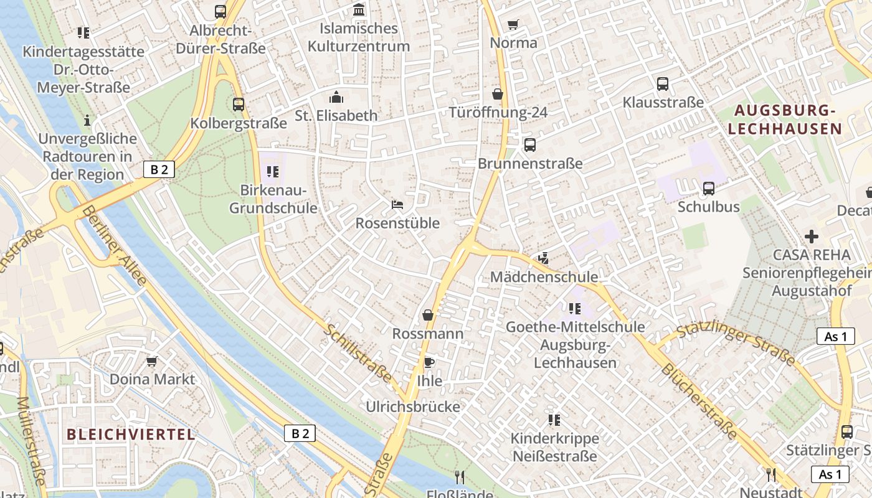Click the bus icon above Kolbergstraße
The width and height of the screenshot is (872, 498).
coord(239,105)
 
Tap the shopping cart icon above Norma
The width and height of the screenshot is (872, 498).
coord(513,25)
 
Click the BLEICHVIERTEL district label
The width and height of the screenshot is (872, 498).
coord(131,435)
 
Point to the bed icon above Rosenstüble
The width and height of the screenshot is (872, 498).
coord(397,204)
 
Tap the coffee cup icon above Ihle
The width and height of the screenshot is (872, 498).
coord(429,362)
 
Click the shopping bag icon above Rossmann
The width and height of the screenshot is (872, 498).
coord(428,315)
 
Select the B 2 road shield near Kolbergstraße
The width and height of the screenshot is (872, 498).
coord(159,169)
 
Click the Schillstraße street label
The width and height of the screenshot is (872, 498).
coord(357,352)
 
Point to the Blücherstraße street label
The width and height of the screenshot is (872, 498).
coord(699,402)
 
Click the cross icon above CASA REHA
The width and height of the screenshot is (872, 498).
coord(811,237)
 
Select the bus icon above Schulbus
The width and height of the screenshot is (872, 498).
coord(709,188)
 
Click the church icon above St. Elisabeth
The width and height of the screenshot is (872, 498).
coord(336,97)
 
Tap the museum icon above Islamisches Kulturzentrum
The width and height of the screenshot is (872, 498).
coord(359,9)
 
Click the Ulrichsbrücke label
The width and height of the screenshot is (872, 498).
coord(413,407)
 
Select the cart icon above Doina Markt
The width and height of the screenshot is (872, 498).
coord(152,361)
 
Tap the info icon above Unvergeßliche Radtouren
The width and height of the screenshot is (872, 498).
coord(87,120)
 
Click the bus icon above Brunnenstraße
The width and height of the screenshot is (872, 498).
coord(530,145)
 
